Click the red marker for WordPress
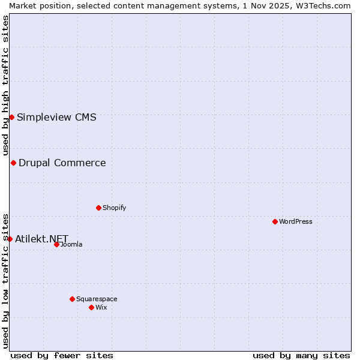(275, 221)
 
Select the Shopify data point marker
(98, 208)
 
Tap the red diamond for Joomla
(56, 244)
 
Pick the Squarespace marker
(72, 299)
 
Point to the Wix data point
(91, 307)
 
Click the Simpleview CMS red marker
(11, 117)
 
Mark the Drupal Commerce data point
(13, 163)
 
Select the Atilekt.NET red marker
(10, 239)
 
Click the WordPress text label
(296, 221)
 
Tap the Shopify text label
(114, 208)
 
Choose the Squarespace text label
(97, 299)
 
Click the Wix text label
(101, 307)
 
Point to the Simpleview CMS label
(56, 117)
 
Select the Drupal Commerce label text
(62, 163)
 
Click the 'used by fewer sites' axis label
(62, 355)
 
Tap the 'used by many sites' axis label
(301, 355)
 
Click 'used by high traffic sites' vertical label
(5, 85)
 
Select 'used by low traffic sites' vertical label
(5, 281)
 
